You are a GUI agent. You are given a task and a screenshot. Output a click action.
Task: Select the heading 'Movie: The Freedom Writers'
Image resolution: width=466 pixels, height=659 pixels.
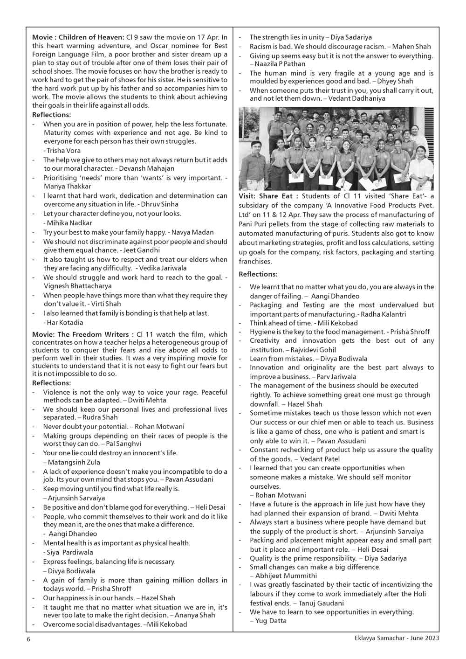(80, 334)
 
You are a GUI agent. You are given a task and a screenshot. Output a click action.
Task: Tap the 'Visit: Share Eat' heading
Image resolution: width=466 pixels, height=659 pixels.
(265, 196)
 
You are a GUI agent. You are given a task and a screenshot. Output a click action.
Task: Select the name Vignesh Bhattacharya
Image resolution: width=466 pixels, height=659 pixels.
(78, 286)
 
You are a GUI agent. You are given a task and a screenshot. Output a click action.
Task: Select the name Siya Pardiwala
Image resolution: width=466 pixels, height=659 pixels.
(70, 552)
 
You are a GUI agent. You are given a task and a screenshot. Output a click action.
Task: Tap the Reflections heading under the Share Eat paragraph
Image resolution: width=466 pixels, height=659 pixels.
(258, 274)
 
